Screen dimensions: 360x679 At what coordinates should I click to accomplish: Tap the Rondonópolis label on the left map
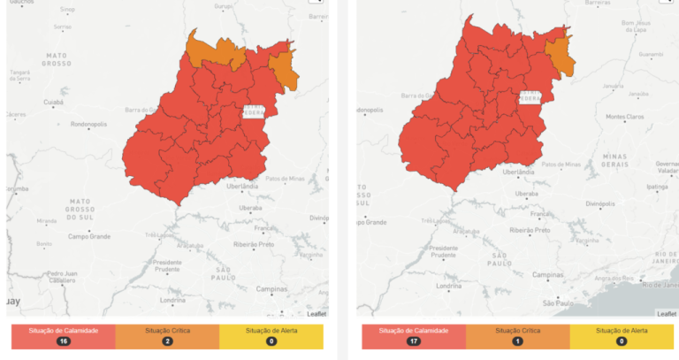pos(88,124)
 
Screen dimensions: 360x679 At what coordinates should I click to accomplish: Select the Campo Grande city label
pos(90,236)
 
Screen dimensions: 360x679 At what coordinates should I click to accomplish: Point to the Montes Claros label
pos(626,116)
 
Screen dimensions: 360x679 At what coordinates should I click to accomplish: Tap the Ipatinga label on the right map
pos(660,188)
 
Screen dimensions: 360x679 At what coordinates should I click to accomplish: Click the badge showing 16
pos(63,341)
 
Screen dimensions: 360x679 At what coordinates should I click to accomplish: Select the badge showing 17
pos(414,341)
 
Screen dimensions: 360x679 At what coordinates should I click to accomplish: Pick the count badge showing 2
pos(167,341)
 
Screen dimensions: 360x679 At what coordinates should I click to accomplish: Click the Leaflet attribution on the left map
pos(317,314)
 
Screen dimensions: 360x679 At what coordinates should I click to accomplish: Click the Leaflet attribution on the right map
pos(667,314)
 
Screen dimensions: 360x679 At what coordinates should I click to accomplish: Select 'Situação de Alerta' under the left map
pos(271,331)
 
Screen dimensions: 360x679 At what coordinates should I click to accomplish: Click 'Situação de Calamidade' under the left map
pos(63,331)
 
